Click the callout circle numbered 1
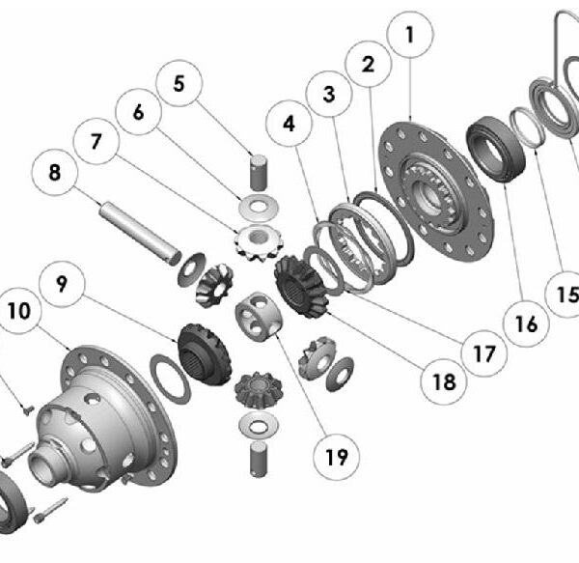point(410,35)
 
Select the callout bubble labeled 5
point(179,83)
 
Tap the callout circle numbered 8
point(55,172)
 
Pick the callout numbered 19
point(336,457)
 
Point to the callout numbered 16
point(526,324)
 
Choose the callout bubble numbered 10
point(18,311)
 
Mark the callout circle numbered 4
point(289,124)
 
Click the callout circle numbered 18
point(444,381)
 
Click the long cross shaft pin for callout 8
point(139,234)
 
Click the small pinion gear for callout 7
point(259,240)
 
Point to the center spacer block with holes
point(258,315)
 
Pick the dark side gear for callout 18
point(301,287)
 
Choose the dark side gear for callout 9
point(205,354)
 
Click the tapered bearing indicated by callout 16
point(496,150)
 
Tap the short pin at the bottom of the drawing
point(259,460)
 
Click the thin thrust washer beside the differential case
point(170,380)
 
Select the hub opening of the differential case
point(41,464)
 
